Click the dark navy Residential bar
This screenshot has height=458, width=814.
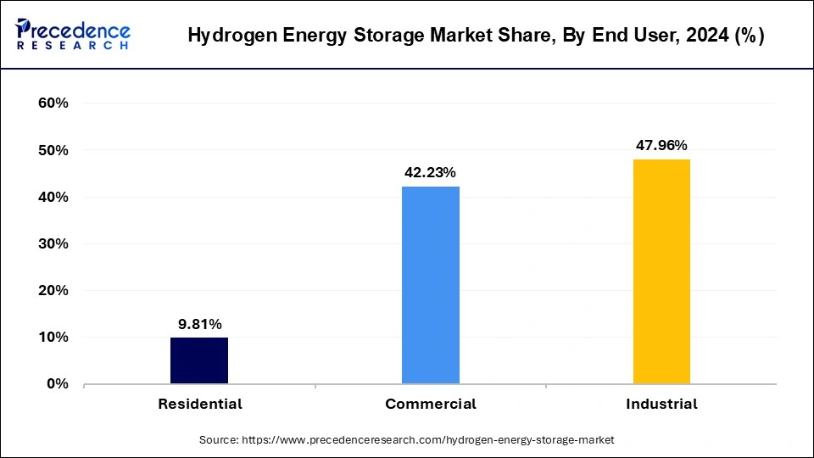tap(199, 360)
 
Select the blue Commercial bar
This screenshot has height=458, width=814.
tap(431, 285)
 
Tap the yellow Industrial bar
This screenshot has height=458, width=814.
tap(661, 271)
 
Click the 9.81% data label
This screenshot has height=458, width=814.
tap(199, 323)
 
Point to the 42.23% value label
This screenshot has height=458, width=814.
tap(431, 172)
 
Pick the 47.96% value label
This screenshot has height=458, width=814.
tap(661, 145)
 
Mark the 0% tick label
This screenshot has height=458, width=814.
tap(55, 383)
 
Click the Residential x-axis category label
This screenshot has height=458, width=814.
tap(199, 404)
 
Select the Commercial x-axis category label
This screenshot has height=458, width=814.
tap(431, 404)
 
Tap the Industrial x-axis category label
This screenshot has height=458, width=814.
tap(661, 404)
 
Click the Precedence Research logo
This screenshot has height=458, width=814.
tap(73, 35)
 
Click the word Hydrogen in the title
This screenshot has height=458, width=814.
tap(228, 36)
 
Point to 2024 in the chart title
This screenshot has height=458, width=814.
tap(694, 36)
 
